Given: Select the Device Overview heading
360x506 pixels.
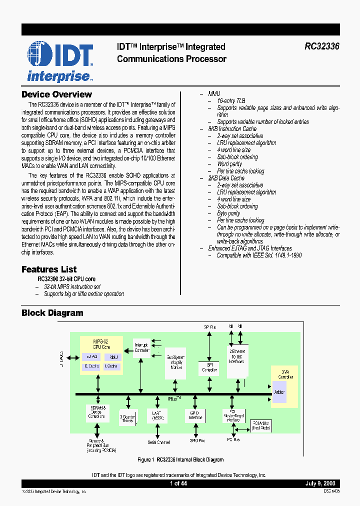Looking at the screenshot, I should [x=56, y=94].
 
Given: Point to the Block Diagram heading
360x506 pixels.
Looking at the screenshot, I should [x=52, y=313].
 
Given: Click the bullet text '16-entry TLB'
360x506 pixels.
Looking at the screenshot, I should [x=230, y=100].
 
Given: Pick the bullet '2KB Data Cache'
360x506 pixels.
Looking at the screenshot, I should [x=226, y=178].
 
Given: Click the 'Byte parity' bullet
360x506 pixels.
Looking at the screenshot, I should [x=228, y=213].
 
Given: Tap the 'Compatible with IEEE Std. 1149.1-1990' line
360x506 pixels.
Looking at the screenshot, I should [x=259, y=255].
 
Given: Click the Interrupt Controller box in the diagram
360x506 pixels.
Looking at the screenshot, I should [x=142, y=347].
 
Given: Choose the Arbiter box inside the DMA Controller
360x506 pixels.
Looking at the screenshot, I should [x=279, y=392].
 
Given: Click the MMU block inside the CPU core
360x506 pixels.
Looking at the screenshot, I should [x=113, y=357].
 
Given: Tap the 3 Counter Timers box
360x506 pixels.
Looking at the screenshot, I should [x=128, y=418].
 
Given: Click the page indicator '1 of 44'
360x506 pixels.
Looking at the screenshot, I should [x=178, y=483].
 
